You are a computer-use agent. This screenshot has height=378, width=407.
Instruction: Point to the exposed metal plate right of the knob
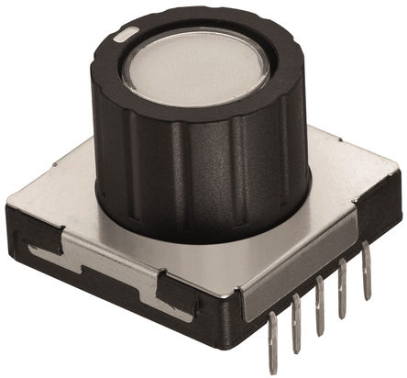point(339,183)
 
